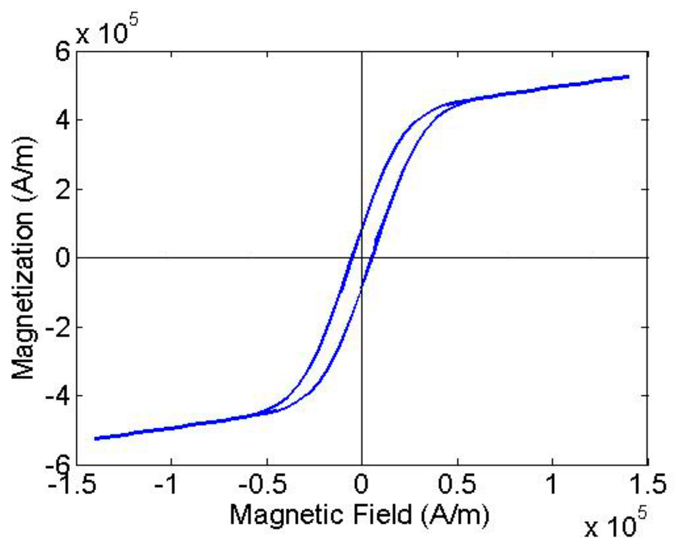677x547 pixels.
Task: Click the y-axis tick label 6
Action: point(63,53)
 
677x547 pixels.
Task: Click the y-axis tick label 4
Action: point(63,120)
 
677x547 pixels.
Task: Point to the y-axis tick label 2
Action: point(63,189)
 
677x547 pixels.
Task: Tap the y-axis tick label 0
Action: point(63,258)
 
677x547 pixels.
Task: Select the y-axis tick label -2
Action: point(58,327)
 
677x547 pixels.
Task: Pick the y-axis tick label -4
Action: point(58,396)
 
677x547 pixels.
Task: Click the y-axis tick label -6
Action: point(58,463)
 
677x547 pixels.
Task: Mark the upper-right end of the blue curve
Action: point(628,77)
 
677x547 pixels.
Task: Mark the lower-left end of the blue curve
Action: point(96,438)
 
